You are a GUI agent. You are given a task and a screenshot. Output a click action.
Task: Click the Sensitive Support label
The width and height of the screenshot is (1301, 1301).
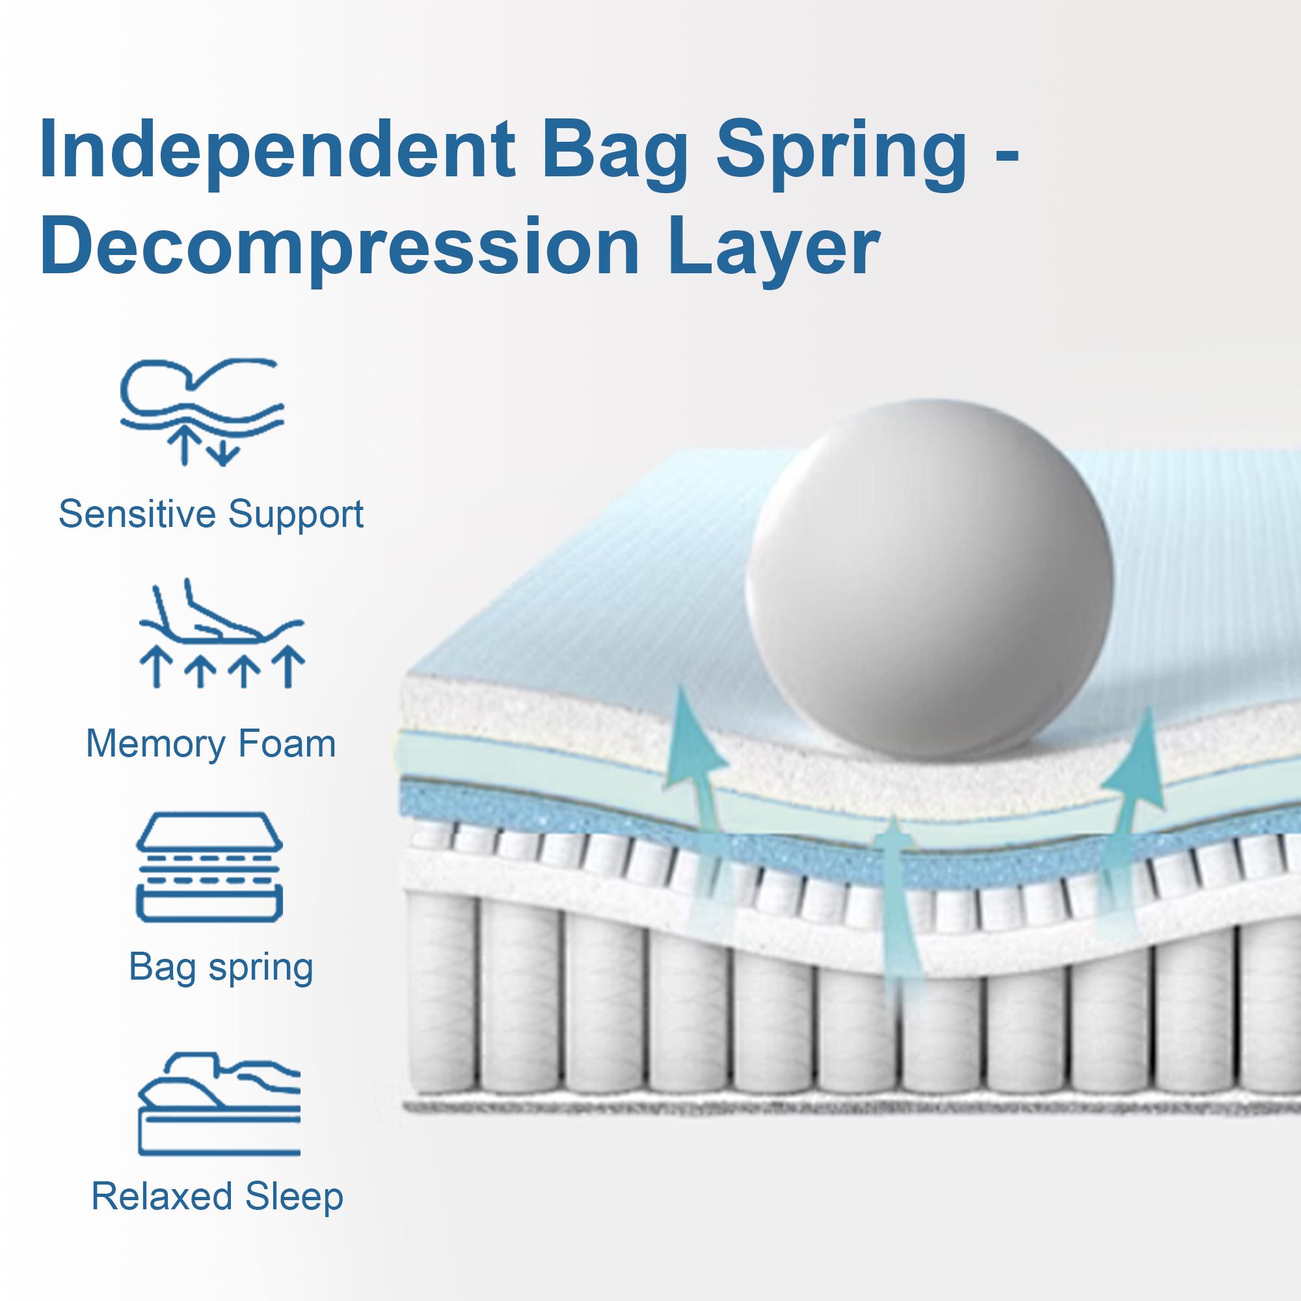(211, 515)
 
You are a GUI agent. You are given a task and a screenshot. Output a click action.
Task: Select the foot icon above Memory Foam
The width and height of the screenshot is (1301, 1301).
(222, 634)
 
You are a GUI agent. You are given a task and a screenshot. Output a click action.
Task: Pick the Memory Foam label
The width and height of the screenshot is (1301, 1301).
(211, 744)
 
